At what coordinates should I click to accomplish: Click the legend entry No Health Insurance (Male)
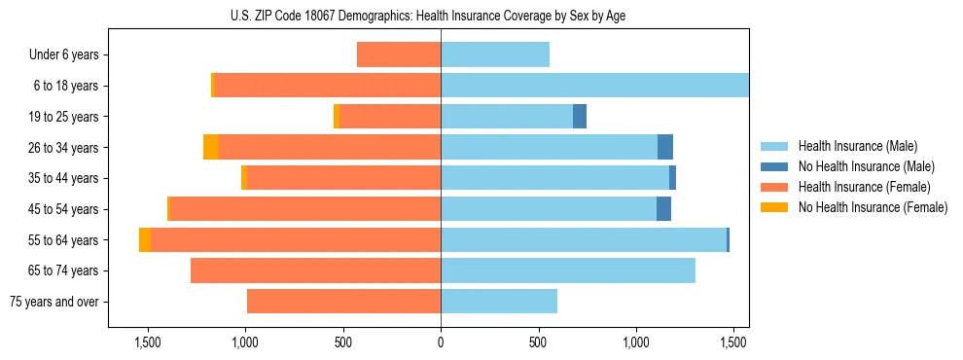pyautogui.click(x=866, y=166)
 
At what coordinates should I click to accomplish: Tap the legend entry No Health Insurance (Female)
pyautogui.click(x=873, y=207)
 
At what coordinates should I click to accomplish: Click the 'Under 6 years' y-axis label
pyautogui.click(x=64, y=55)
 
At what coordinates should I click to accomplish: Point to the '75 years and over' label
pyautogui.click(x=54, y=302)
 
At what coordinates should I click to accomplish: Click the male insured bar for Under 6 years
pyautogui.click(x=495, y=54)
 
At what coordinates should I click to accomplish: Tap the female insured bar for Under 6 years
pyautogui.click(x=399, y=54)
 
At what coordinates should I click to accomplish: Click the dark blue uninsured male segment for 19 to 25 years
pyautogui.click(x=580, y=116)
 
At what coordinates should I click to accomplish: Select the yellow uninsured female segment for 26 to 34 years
pyautogui.click(x=211, y=147)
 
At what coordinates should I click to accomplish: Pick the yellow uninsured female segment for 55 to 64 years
pyautogui.click(x=145, y=239)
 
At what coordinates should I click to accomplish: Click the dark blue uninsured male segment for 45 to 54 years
pyautogui.click(x=663, y=208)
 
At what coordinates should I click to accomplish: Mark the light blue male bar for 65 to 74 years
pyautogui.click(x=568, y=270)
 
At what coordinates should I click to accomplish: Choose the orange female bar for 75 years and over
pyautogui.click(x=343, y=302)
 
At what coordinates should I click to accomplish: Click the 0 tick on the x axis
pyautogui.click(x=441, y=342)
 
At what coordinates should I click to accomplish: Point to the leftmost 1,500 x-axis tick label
pyautogui.click(x=147, y=342)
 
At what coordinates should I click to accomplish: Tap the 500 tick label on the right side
pyautogui.click(x=538, y=342)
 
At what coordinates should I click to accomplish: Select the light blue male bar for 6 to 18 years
pyautogui.click(x=594, y=86)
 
